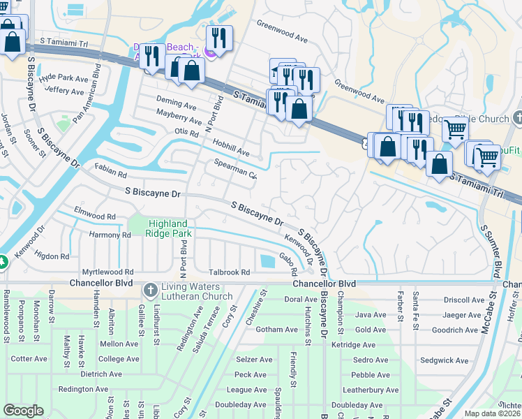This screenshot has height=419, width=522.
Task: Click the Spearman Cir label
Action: click(x=236, y=170)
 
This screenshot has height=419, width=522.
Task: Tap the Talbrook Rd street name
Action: click(x=229, y=272)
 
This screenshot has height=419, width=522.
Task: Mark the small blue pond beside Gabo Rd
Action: click(x=267, y=261)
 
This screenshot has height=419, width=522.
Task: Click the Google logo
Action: click(x=23, y=411)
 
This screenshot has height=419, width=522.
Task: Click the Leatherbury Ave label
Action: click(x=371, y=390)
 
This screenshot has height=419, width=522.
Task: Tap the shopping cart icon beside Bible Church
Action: click(x=454, y=128)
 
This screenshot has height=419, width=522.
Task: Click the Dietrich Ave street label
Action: click(x=102, y=374)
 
